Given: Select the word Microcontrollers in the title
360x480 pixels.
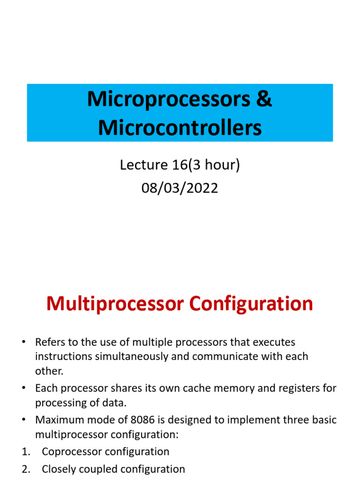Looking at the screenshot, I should point(180,127).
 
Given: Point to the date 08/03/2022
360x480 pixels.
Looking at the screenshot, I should point(180,188).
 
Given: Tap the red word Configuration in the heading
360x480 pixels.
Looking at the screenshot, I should point(251,304).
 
